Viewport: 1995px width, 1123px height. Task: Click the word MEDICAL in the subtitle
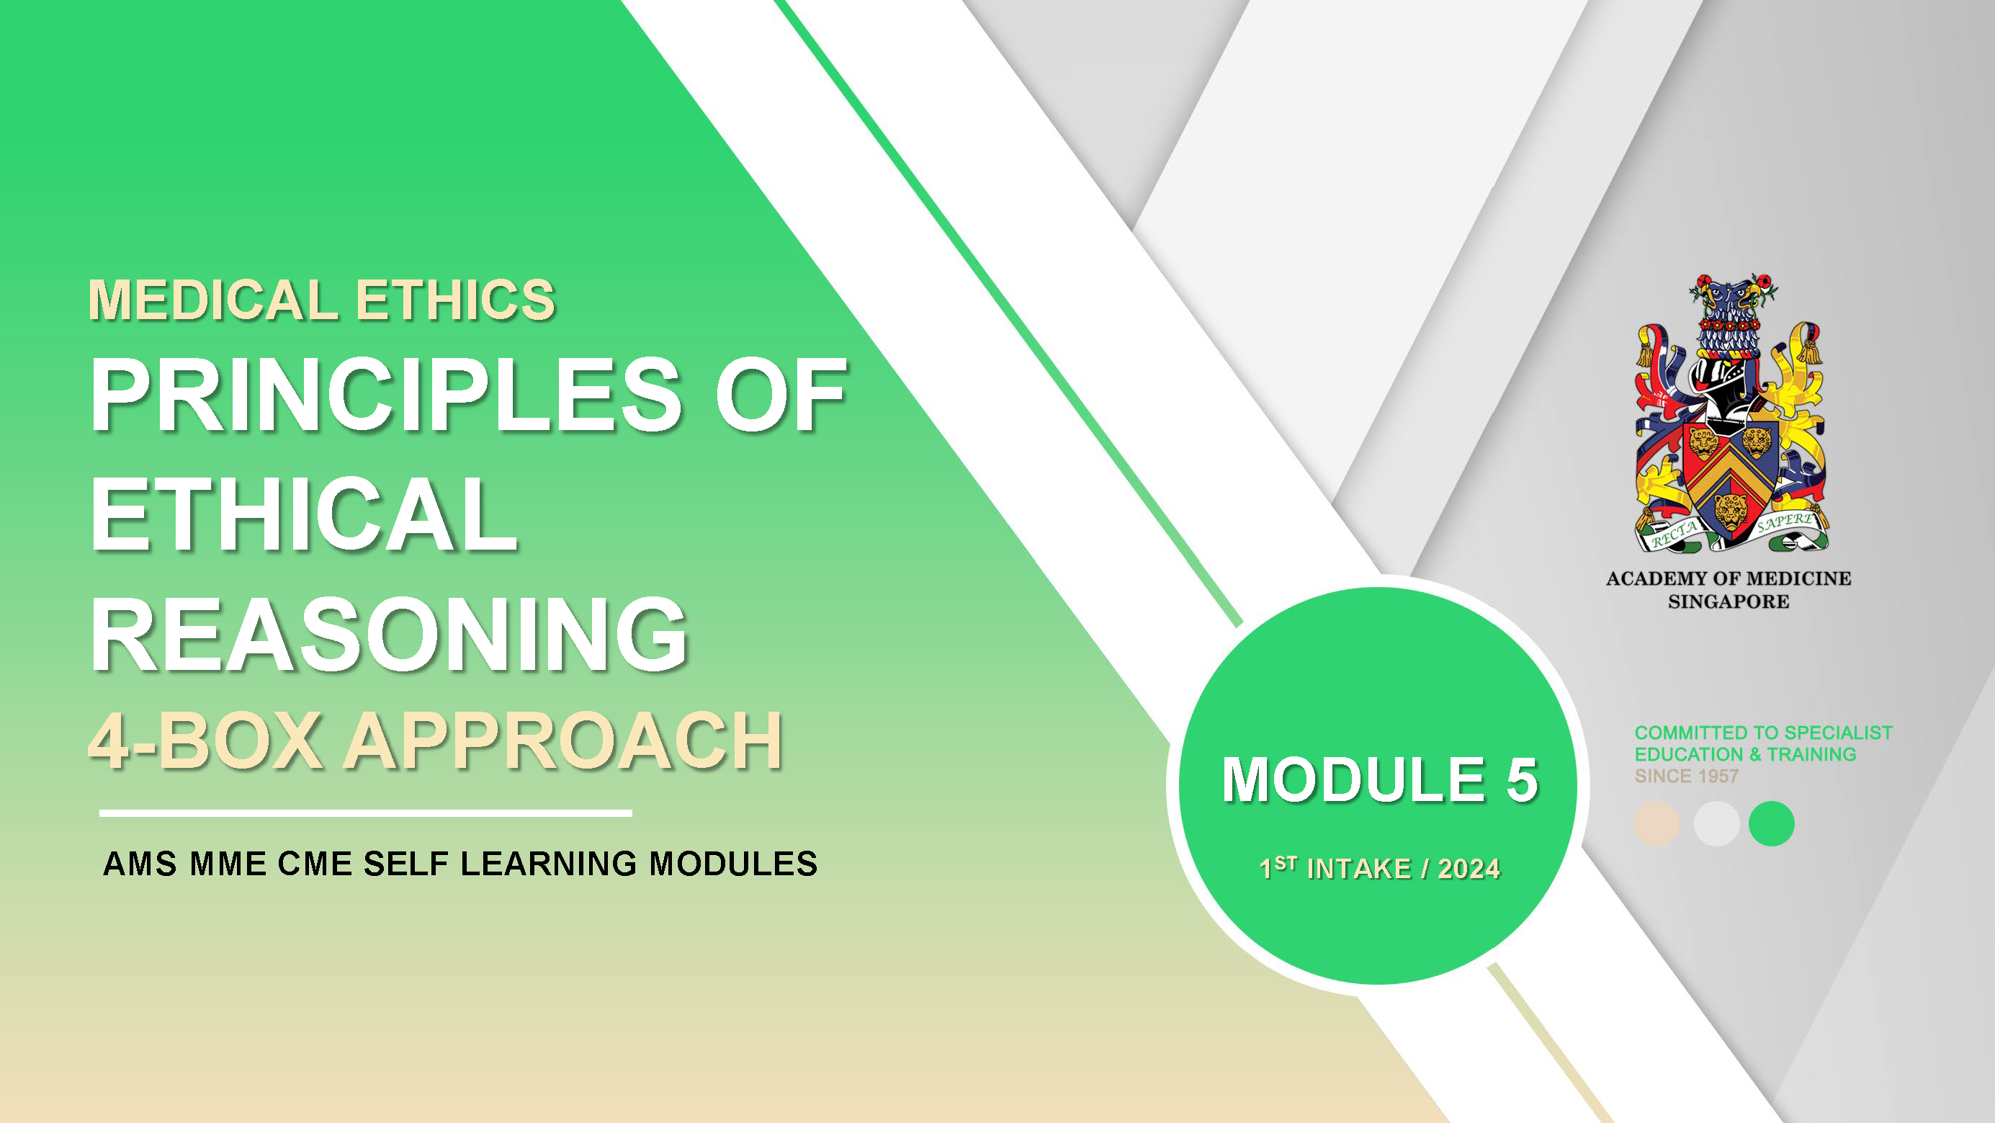[x=212, y=300]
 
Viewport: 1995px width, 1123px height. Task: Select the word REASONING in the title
[x=389, y=635]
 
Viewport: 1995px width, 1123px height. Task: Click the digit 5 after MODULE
[x=1522, y=779]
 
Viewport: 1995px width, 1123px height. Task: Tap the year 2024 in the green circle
[x=1469, y=869]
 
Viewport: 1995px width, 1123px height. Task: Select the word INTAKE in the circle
[x=1358, y=869]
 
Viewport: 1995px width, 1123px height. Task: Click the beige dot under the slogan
[x=1656, y=823]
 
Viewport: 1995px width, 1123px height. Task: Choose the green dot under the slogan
[x=1772, y=823]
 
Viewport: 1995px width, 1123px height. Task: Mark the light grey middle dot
[x=1716, y=823]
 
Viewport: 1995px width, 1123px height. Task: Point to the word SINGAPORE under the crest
[x=1729, y=601]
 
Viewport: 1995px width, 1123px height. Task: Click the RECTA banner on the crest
[x=1675, y=533]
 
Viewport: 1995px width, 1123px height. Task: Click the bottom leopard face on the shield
[x=1731, y=511]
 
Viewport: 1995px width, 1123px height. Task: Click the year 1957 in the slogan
[x=1718, y=776]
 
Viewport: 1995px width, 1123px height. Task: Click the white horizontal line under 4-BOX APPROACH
[x=366, y=813]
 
